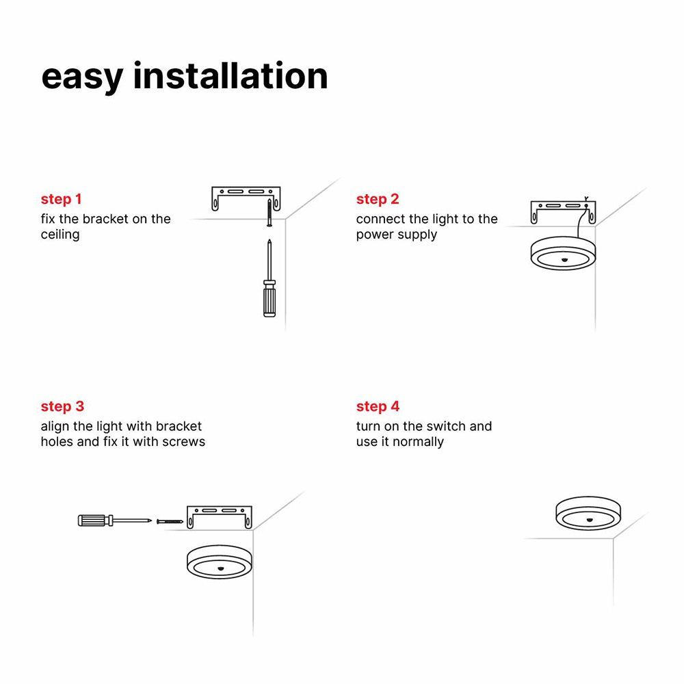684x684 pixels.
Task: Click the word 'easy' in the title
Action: (x=80, y=77)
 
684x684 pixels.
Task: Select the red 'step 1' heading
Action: (x=62, y=200)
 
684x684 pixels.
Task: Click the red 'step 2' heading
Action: (x=378, y=200)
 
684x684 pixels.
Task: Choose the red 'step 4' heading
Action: (x=378, y=407)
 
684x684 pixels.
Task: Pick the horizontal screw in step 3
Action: (x=170, y=521)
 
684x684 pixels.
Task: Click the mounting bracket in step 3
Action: (x=220, y=512)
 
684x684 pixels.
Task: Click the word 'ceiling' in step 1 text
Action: (x=60, y=235)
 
